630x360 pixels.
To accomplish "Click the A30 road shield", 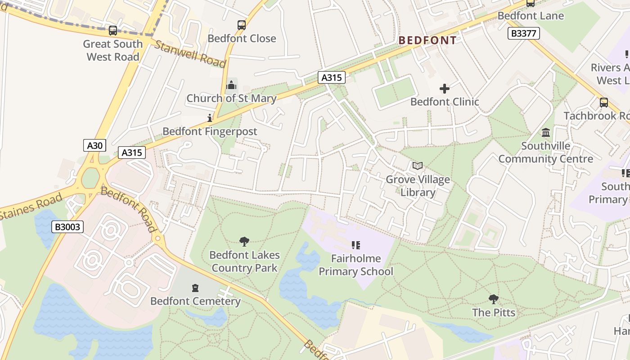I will tap(95, 145).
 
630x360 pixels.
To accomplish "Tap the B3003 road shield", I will tap(67, 227).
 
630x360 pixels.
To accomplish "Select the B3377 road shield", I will tap(523, 33).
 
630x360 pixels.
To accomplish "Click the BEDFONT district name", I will tap(427, 40).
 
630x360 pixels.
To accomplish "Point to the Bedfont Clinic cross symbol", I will tap(445, 89).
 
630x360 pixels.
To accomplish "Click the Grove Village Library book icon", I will tap(418, 166).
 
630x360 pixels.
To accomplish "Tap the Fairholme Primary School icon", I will tap(356, 245).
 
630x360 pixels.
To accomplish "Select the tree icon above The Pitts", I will tap(494, 299).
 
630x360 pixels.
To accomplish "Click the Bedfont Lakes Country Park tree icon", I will tap(244, 242).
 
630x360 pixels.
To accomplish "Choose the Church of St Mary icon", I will tap(231, 85).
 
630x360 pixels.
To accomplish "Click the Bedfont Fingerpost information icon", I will tap(209, 118).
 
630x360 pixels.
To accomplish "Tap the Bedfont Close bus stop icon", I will tap(242, 25).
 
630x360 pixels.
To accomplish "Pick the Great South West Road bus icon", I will tap(112, 31).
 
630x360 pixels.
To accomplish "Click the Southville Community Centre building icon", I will tap(546, 133).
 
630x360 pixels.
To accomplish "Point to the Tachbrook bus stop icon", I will tap(604, 103).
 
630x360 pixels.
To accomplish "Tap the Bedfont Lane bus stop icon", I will tap(531, 3).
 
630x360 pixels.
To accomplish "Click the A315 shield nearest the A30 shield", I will tap(132, 153).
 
